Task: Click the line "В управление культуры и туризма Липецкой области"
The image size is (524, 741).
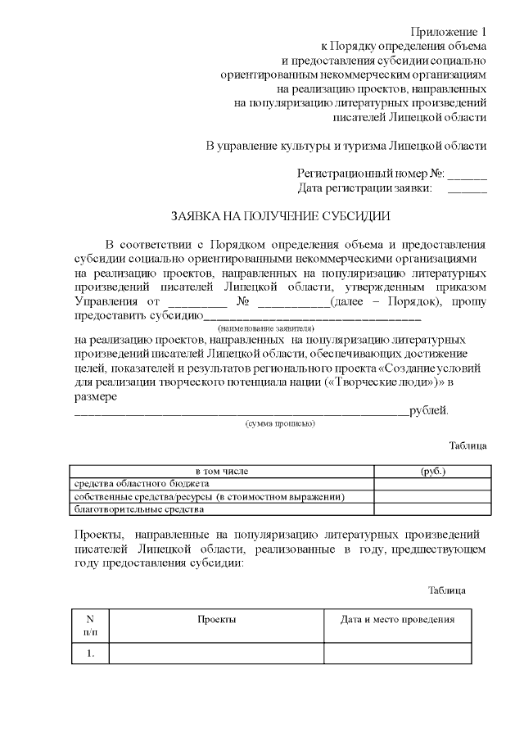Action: pos(346,146)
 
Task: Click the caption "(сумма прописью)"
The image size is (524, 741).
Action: pos(280,423)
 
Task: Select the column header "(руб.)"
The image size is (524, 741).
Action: pos(432,472)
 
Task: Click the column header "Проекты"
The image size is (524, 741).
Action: pos(217,619)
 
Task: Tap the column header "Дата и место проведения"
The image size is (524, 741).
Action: pos(398,619)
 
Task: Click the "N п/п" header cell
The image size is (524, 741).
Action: pos(90,626)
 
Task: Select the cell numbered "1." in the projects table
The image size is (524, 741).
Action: pos(90,653)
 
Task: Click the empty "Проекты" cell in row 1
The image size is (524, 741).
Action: pos(217,653)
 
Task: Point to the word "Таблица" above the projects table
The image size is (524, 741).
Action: pos(447,590)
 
